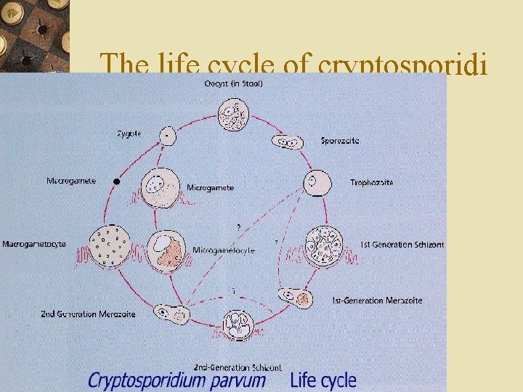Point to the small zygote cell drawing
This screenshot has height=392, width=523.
[168, 136]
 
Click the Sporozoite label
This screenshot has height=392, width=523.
[340, 141]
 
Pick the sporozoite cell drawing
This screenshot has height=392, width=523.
[288, 142]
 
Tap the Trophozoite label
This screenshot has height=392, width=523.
[371, 182]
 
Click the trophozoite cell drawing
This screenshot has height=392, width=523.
[317, 182]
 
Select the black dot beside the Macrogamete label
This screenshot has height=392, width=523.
[116, 180]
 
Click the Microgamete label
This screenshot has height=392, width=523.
[210, 187]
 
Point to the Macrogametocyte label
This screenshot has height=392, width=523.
[34, 244]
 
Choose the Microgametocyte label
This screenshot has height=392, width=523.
[222, 250]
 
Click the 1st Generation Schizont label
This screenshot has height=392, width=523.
[402, 245]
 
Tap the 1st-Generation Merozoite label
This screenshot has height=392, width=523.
[377, 300]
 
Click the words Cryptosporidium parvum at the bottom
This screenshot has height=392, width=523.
[177, 380]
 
